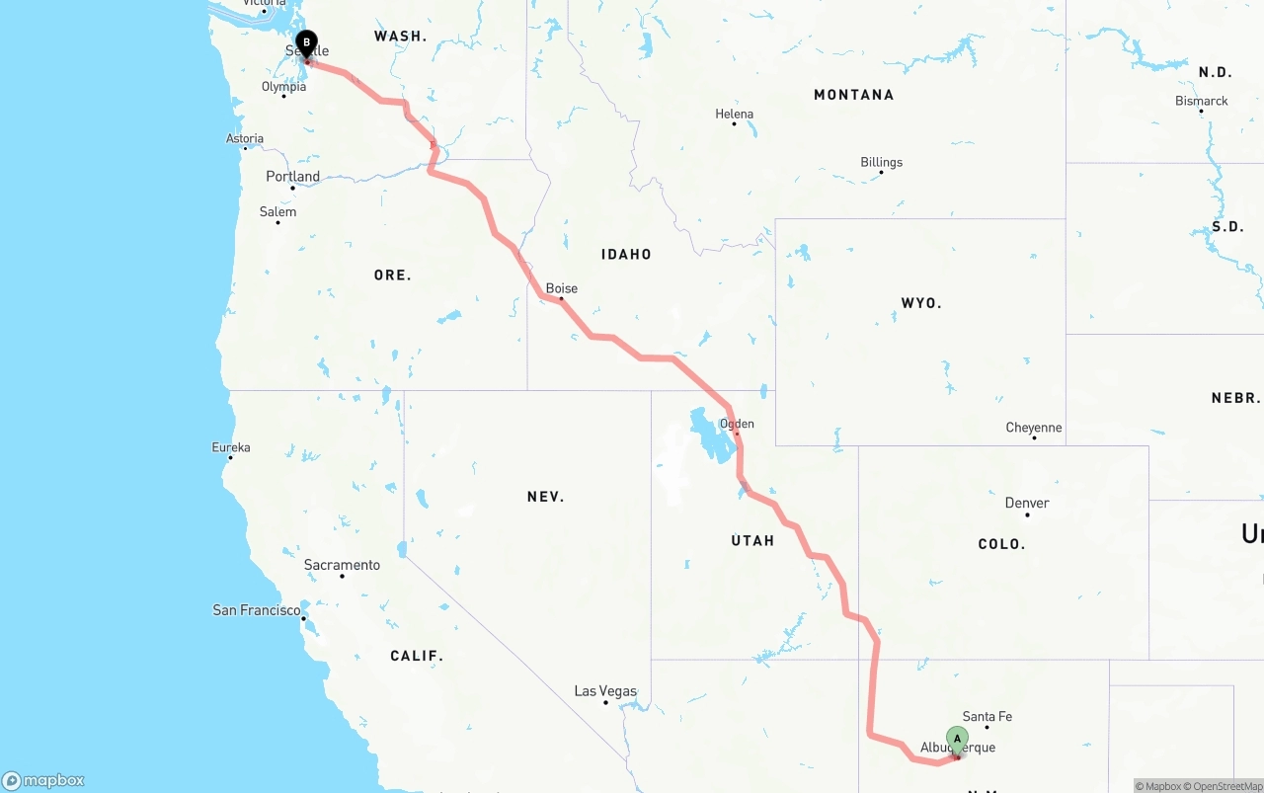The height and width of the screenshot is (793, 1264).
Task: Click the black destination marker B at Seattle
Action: coord(306,44)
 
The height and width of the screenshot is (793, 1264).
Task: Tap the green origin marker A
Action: coord(957,740)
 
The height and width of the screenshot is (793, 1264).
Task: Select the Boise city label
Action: coord(562,288)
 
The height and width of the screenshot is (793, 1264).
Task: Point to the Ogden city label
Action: coord(737,424)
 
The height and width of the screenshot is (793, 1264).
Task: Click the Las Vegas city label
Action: coord(605,691)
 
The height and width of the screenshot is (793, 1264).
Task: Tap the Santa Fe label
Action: coord(987,716)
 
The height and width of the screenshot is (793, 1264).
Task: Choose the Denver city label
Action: coord(1027,503)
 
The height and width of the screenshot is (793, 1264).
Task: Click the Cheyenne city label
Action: coord(1034,428)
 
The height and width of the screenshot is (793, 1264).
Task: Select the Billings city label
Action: coord(881,162)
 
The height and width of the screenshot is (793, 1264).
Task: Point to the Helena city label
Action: coord(734,114)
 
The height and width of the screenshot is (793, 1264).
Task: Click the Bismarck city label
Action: coord(1202,101)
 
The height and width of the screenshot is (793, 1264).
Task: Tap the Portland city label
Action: coord(292,177)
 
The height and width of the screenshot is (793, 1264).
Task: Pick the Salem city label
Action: coord(277,211)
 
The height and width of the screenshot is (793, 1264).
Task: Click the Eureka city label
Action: coord(231,447)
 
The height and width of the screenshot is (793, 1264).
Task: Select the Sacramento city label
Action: coord(342,565)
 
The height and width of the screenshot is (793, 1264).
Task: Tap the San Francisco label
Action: coord(257,610)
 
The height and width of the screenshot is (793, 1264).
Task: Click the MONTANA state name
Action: coord(853,95)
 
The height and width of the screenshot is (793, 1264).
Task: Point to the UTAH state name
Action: coord(752,540)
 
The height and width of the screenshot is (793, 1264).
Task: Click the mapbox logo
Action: coord(43,781)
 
